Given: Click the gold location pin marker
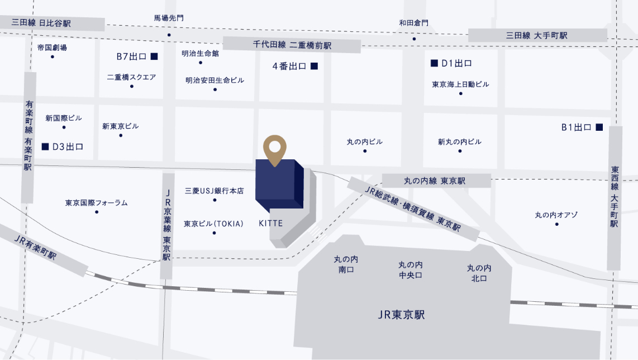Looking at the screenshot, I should click(x=275, y=149).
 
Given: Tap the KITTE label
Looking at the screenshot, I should click(x=271, y=223).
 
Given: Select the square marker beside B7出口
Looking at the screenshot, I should click(x=154, y=56).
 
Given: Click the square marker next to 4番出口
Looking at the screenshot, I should click(x=314, y=66).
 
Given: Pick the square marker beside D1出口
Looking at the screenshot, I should click(x=434, y=63).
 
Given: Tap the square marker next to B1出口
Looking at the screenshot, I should click(x=599, y=127).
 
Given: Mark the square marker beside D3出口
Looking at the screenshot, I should click(x=45, y=146).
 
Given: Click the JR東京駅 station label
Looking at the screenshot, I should click(x=401, y=315).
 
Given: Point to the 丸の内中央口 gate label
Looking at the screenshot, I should click(x=410, y=269).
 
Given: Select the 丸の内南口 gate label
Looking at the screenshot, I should click(x=346, y=264).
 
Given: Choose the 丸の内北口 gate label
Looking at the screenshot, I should click(x=479, y=273).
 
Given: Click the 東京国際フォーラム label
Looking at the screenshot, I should click(x=96, y=202).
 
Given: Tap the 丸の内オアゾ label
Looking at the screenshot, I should click(x=556, y=215).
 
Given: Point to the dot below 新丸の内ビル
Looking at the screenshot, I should click(x=460, y=151).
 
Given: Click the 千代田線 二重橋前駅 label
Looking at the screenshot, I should click(x=292, y=45).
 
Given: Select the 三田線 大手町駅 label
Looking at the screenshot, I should click(x=537, y=35).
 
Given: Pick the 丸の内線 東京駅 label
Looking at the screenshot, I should click(x=435, y=181).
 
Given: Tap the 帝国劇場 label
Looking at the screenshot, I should click(x=52, y=48).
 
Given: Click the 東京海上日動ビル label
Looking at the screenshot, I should click(x=460, y=84).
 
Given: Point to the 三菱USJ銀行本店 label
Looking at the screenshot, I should click(x=214, y=191).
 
